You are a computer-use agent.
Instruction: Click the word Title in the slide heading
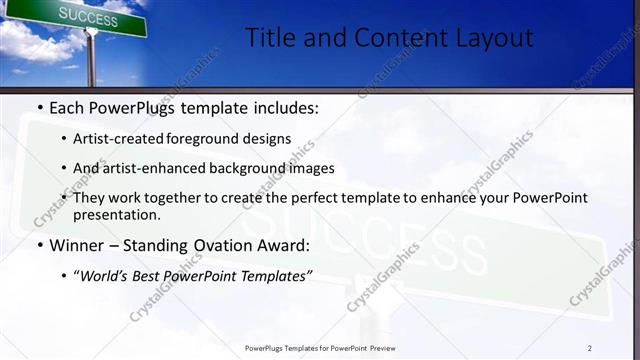(269, 39)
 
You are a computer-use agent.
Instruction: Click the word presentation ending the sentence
(115, 214)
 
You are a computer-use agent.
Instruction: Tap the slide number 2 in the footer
(590, 348)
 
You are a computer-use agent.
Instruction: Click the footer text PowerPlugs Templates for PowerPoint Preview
(320, 348)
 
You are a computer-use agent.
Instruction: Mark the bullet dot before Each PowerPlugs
(39, 107)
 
